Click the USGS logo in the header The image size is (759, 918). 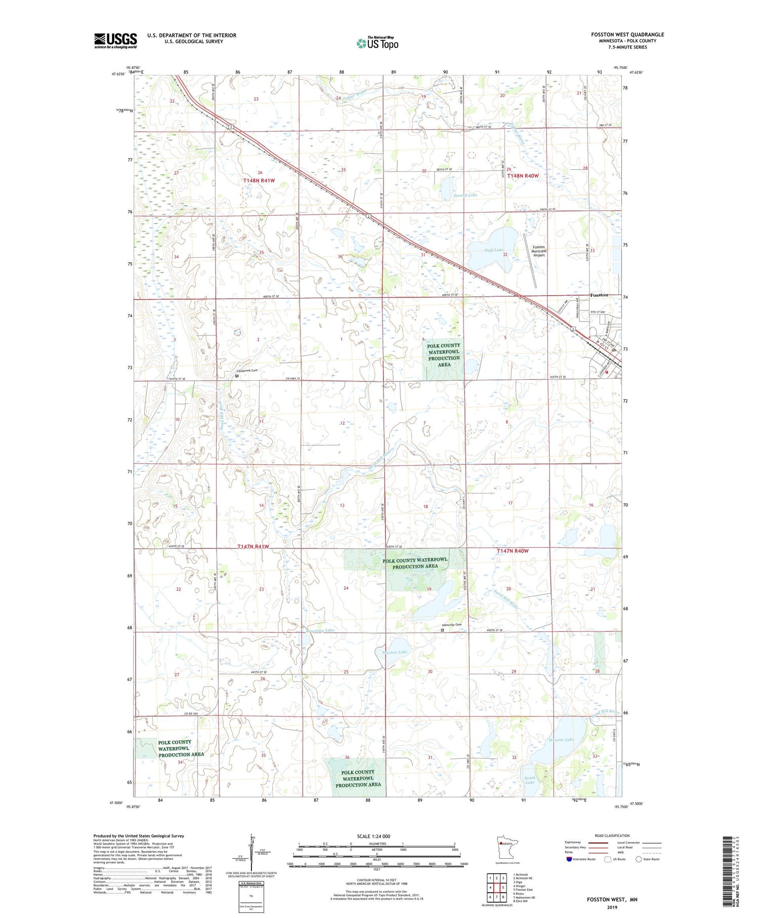[115, 41]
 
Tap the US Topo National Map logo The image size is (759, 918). [377, 43]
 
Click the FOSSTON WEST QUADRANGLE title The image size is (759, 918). [627, 34]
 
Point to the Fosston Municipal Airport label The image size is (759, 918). [539, 251]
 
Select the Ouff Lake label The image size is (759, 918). [493, 250]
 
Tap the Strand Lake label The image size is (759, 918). [465, 195]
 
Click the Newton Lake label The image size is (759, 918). [395, 652]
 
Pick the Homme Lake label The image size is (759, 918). [561, 740]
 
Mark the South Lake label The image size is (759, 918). [530, 780]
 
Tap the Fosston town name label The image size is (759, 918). [599, 295]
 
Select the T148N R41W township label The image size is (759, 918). [259, 181]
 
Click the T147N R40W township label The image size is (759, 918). [516, 551]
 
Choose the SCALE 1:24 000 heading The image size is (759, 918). [373, 836]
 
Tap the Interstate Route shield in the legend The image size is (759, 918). [569, 859]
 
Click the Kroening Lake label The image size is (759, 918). [320, 630]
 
